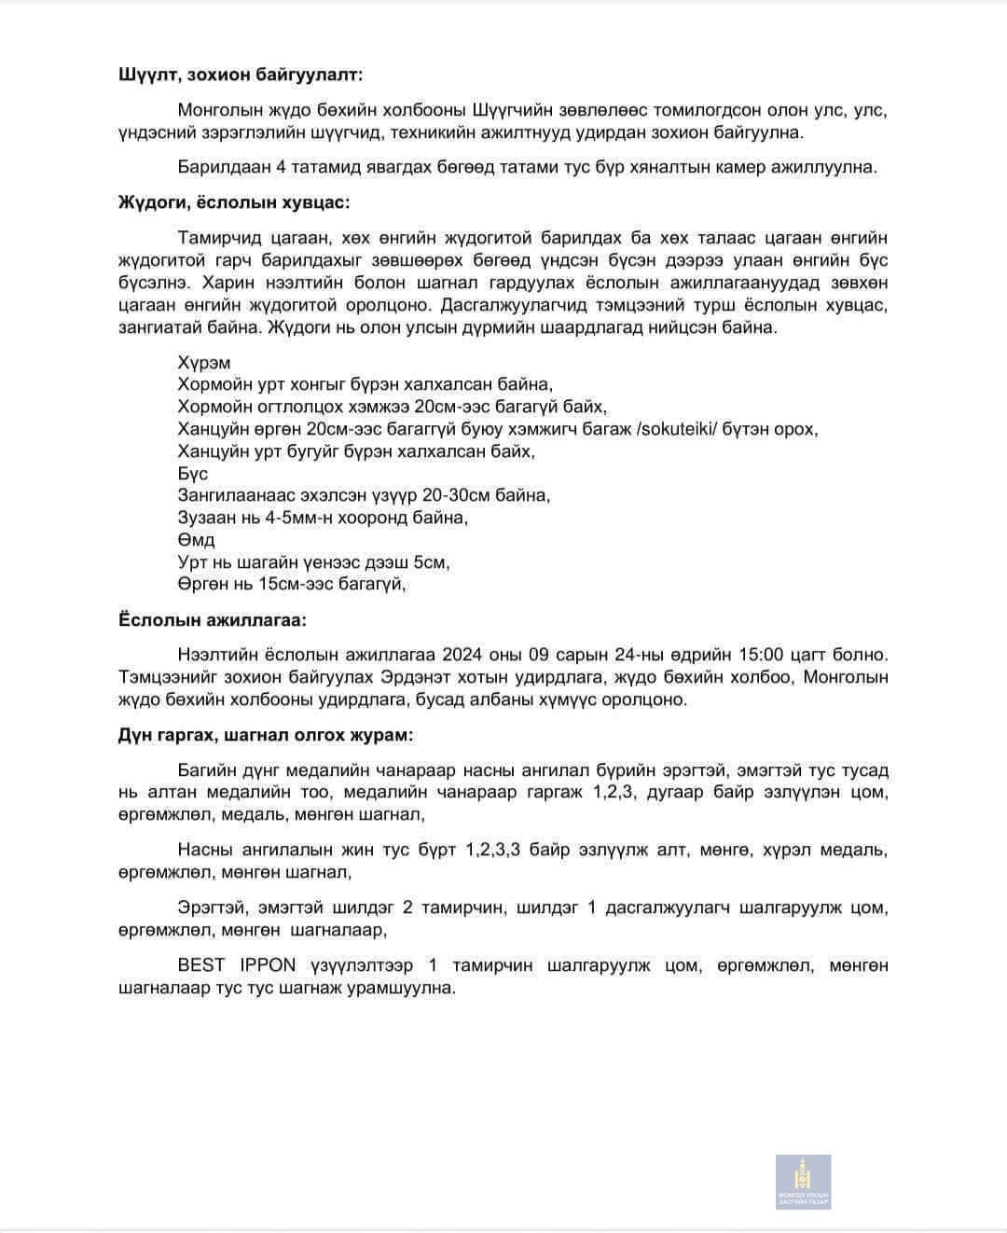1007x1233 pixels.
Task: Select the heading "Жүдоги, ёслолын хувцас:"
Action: tap(234, 202)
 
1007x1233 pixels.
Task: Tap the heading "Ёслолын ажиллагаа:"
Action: tap(212, 619)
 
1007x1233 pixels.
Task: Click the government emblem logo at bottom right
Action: tap(803, 1182)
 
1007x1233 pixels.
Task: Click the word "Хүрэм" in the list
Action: tap(203, 363)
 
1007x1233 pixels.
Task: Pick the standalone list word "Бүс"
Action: tap(193, 474)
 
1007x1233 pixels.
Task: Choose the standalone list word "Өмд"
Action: tap(196, 540)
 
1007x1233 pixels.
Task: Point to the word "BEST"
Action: tap(201, 965)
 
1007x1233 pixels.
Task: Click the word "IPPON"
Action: tap(268, 965)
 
